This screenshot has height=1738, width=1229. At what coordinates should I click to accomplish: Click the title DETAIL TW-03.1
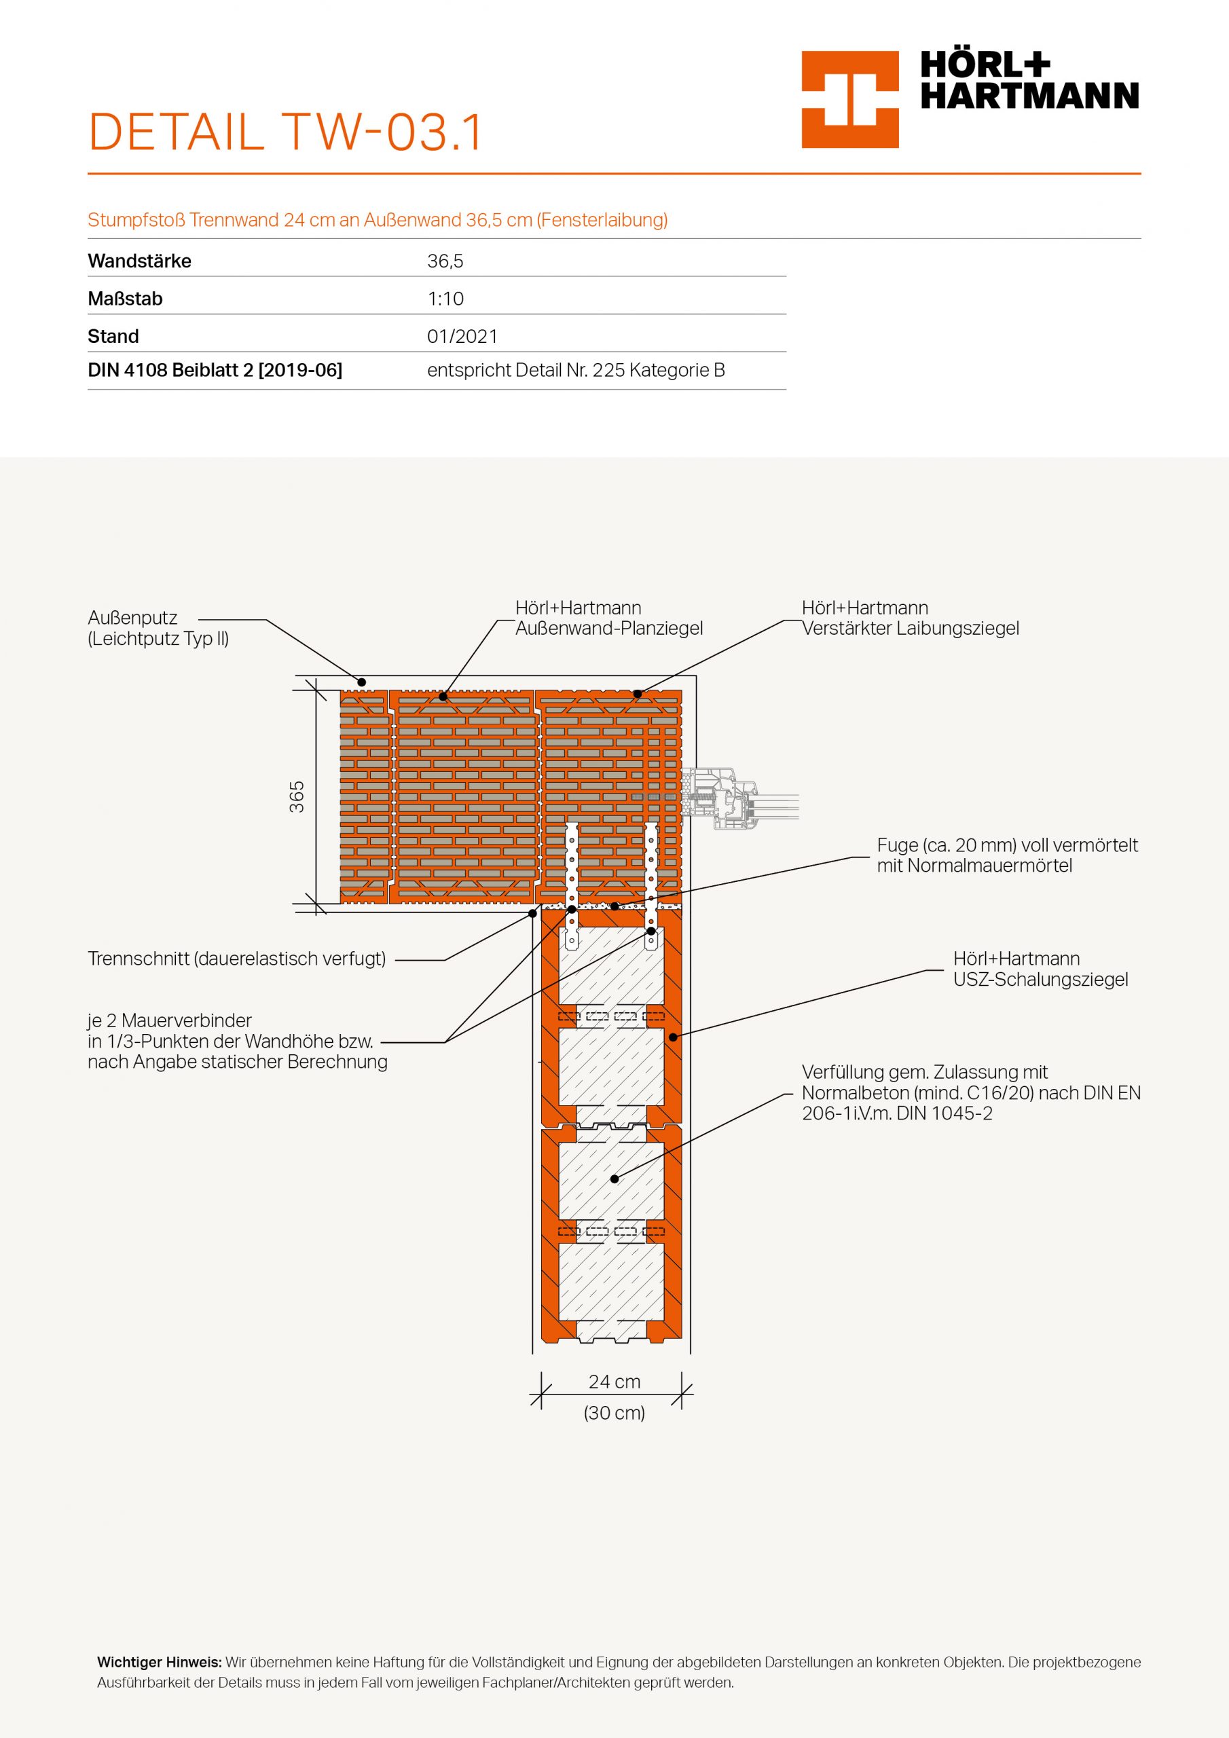tap(285, 133)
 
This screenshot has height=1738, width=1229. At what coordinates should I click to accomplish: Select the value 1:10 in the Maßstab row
tap(445, 299)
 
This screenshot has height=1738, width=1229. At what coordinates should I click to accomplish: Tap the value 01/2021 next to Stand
tap(462, 336)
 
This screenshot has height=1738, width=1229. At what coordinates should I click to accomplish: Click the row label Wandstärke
tap(139, 261)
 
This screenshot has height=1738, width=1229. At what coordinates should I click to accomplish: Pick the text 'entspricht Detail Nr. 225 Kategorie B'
tap(576, 370)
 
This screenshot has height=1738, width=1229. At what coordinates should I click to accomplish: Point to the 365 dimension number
tap(297, 796)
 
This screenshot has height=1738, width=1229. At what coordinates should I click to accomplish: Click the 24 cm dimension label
tap(614, 1381)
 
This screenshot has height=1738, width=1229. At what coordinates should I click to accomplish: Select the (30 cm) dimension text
tap(614, 1413)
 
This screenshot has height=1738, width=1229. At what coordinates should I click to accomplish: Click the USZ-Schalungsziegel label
tap(1040, 979)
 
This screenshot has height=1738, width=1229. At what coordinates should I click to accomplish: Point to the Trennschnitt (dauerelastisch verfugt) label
tap(236, 959)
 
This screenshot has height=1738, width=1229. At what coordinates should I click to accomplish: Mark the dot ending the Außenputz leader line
tap(362, 682)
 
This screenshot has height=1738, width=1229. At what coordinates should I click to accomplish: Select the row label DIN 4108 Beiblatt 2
tap(215, 370)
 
